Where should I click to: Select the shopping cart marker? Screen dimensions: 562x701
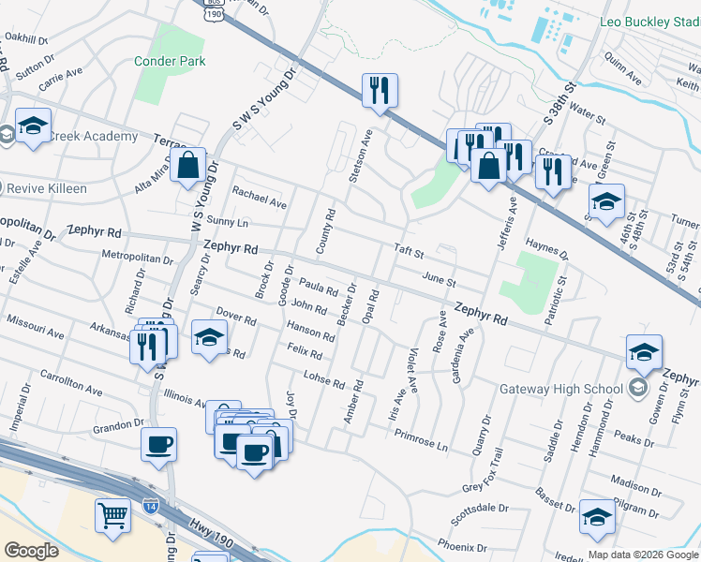(112, 515)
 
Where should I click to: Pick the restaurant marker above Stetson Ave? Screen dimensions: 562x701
(380, 91)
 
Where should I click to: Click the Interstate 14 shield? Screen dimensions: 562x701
(151, 506)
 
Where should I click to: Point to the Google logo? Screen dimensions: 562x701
(31, 551)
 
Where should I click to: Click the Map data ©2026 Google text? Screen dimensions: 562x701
(642, 554)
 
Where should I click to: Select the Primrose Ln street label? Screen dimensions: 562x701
(421, 440)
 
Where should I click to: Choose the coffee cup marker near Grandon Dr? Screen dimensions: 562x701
(158, 444)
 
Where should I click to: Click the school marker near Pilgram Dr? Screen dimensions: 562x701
(597, 516)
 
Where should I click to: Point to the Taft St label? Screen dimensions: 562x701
(410, 253)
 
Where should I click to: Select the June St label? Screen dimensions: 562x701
(439, 279)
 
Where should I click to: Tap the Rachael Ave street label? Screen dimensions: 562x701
(260, 200)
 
